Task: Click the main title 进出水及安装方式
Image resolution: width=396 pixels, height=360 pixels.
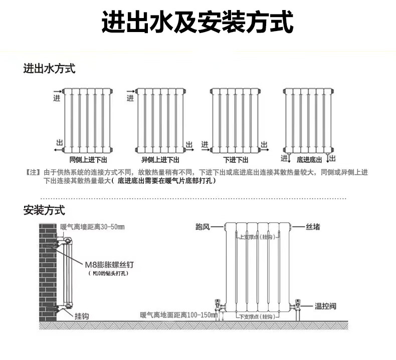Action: pos(197,23)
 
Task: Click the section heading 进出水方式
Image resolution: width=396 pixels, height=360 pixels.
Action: pos(49,69)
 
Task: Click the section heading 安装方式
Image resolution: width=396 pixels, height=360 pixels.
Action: pos(44,210)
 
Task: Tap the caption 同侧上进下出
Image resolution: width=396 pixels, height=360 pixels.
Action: pos(88,160)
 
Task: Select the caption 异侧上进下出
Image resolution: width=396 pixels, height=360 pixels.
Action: pos(160,160)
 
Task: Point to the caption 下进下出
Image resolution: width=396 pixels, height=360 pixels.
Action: pos(236,160)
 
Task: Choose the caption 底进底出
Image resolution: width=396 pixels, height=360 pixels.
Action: pos(309,160)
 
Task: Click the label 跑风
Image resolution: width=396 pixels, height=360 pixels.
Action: pos(203,227)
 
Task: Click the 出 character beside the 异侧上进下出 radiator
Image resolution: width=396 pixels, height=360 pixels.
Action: pos(189,144)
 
